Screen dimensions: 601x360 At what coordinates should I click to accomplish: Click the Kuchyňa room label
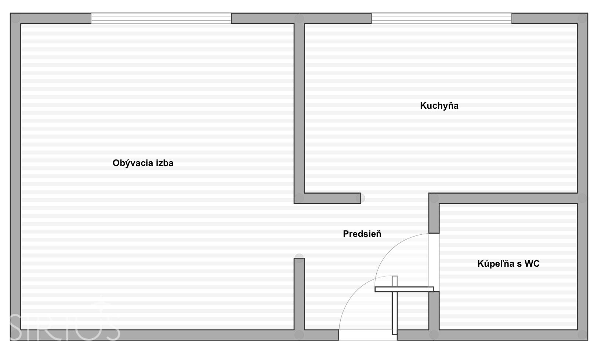click(439, 106)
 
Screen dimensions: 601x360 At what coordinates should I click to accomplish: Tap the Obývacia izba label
click(143, 163)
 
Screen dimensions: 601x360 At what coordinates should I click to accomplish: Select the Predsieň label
click(362, 234)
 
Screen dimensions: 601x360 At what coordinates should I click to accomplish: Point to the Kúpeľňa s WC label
click(508, 264)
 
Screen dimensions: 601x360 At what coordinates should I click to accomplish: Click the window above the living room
click(161, 18)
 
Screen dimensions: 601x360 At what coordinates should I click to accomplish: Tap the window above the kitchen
click(441, 18)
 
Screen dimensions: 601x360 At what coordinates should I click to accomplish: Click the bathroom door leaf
click(404, 289)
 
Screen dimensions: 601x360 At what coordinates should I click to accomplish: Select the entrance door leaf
click(395, 305)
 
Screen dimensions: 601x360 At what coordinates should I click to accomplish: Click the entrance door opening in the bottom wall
click(368, 335)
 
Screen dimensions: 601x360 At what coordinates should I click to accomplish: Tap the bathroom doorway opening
click(434, 262)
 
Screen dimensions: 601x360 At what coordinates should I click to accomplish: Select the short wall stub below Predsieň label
click(299, 294)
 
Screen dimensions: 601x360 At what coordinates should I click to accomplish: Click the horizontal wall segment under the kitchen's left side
click(327, 198)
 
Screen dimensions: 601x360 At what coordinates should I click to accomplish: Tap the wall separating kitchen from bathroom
click(503, 198)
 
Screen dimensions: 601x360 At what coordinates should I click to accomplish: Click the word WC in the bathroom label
click(532, 264)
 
